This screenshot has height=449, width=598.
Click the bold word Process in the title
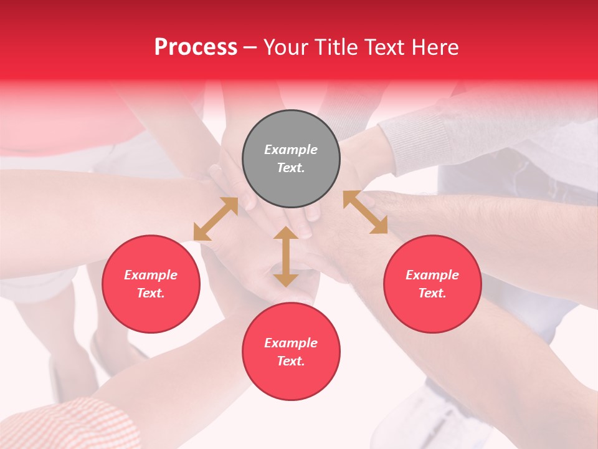(x=196, y=47)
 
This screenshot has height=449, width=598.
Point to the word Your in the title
(x=284, y=47)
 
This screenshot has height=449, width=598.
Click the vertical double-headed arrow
(x=286, y=256)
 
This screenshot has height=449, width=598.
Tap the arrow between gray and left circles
(x=216, y=219)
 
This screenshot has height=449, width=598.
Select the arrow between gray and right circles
(x=365, y=212)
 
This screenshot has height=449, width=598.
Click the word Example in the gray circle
(x=291, y=150)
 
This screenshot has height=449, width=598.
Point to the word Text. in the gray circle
(x=291, y=168)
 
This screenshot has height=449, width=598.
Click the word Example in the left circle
(x=151, y=275)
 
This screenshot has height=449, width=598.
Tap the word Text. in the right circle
(x=432, y=293)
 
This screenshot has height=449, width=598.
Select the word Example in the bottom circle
(x=291, y=343)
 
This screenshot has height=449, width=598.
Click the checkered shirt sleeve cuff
(x=69, y=424)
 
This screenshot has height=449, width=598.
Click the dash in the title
(x=250, y=47)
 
